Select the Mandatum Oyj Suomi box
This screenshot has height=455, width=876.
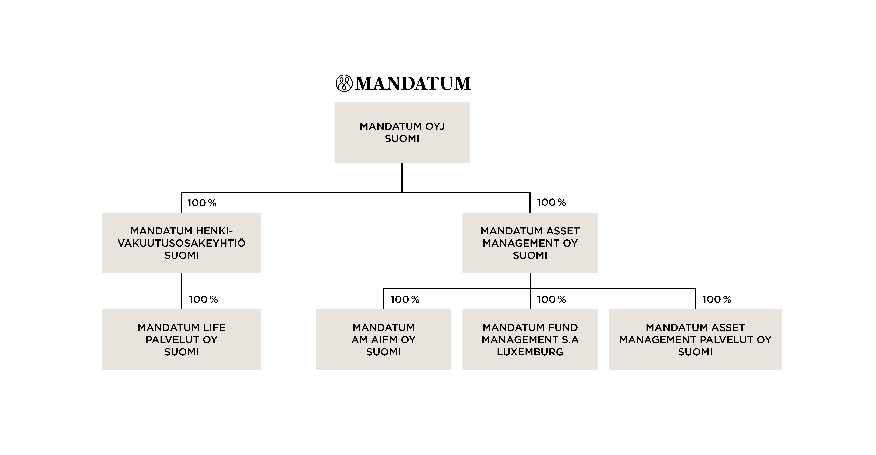point(402,132)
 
